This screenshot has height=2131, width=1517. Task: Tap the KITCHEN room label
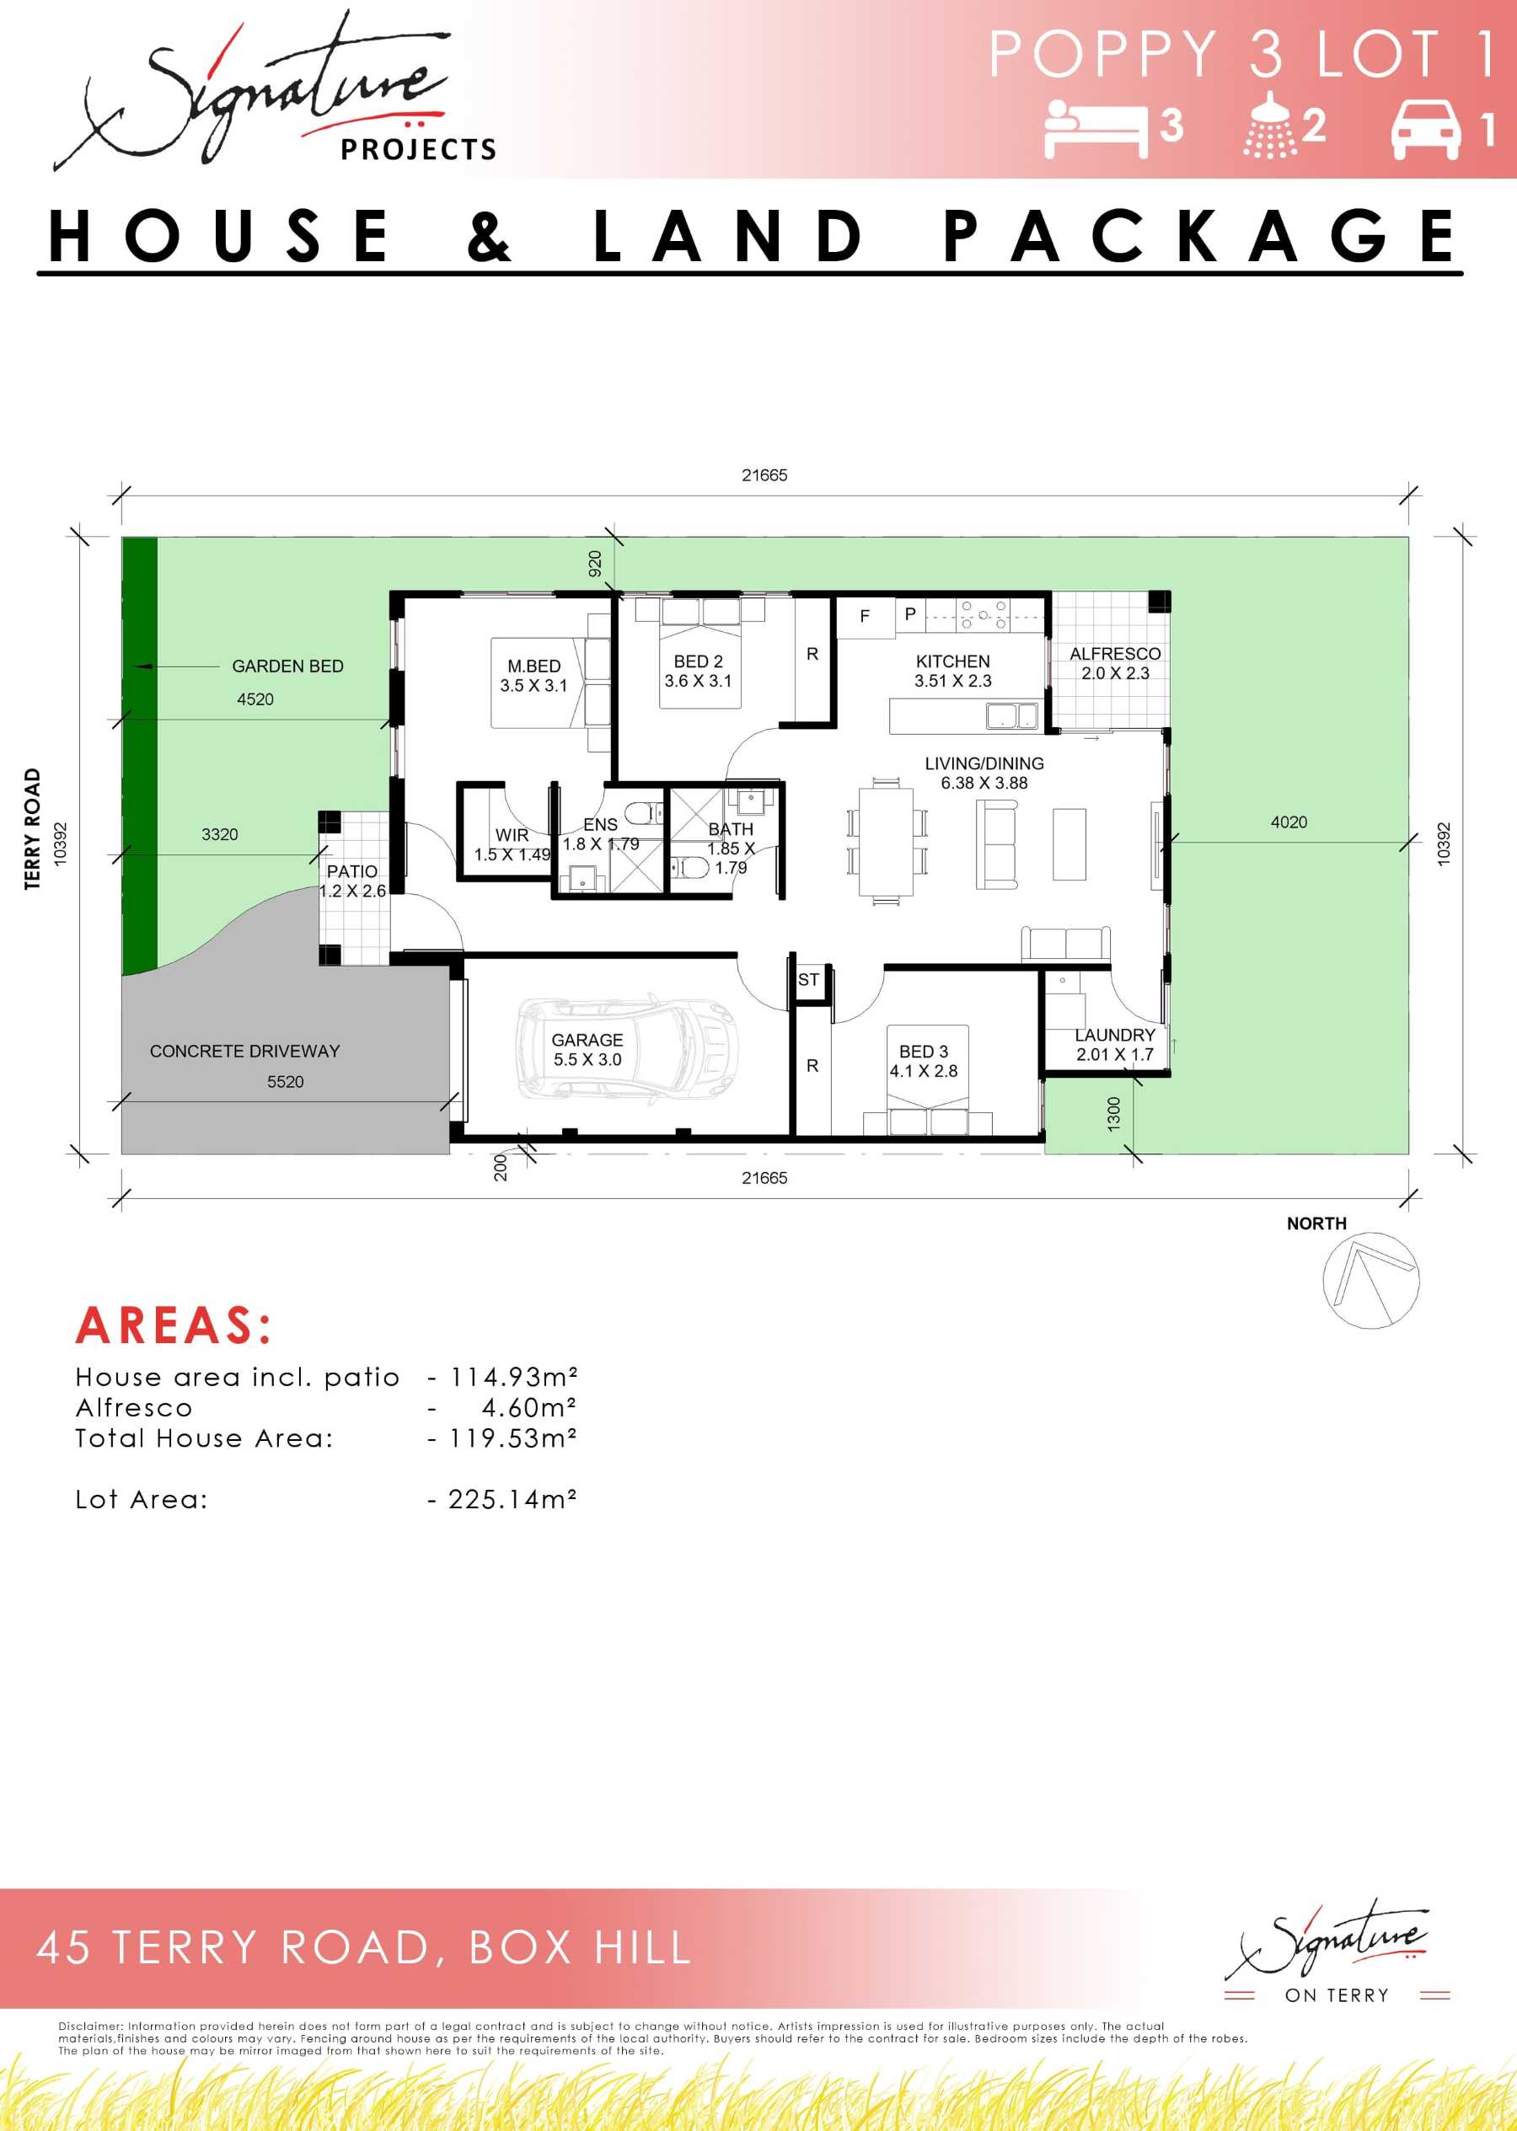953,661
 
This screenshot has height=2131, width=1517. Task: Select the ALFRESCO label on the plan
1115,654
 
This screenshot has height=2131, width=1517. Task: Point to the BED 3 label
924,1052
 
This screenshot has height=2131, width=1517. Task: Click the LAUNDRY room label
1115,1035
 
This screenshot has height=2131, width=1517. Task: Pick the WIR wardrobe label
512,835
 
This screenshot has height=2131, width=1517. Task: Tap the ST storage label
809,980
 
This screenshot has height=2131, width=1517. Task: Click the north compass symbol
1371,1280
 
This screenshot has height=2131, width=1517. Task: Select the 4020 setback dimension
1289,822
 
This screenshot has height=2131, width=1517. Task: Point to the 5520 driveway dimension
286,1081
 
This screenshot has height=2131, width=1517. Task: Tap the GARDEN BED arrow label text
287,666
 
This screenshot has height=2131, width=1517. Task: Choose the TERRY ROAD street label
33,829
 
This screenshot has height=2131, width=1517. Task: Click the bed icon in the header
1096,129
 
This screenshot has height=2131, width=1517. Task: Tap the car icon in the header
1425,130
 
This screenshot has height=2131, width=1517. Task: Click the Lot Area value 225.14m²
512,1500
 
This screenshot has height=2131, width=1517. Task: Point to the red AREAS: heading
174,1325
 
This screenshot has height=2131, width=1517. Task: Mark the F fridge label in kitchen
865,616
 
